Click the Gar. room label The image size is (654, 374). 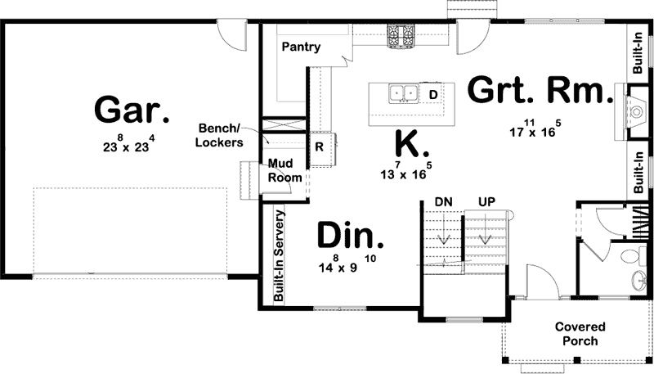pyautogui.click(x=132, y=110)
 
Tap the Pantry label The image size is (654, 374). pyautogui.click(x=301, y=47)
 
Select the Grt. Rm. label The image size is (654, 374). pyautogui.click(x=540, y=90)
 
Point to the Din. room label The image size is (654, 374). pyautogui.click(x=350, y=237)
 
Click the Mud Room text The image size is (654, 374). pyautogui.click(x=285, y=170)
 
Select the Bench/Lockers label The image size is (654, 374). pyautogui.click(x=221, y=135)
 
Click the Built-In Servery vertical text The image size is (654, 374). pyautogui.click(x=279, y=257)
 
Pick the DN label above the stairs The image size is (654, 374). pyautogui.click(x=443, y=201)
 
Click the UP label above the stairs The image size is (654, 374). pyautogui.click(x=487, y=201)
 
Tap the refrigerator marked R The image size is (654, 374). pyautogui.click(x=320, y=147)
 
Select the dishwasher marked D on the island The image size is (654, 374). pyautogui.click(x=433, y=94)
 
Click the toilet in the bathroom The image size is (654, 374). pyautogui.click(x=632, y=258)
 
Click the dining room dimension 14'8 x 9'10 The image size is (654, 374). pyautogui.click(x=348, y=265)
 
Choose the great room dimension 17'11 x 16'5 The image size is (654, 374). pyautogui.click(x=535, y=128)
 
